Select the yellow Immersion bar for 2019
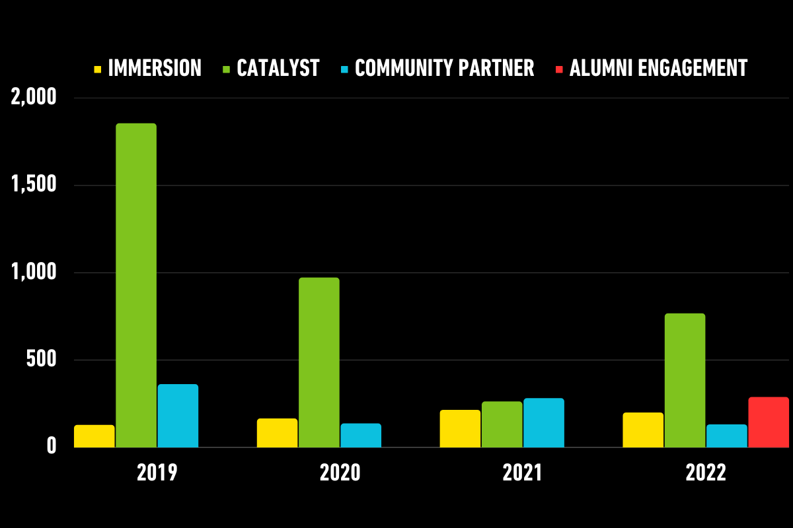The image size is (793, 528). pyautogui.click(x=94, y=436)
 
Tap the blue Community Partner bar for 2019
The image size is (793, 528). pyautogui.click(x=178, y=416)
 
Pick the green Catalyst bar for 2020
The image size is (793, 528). pyautogui.click(x=319, y=362)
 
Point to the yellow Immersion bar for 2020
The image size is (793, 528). pyautogui.click(x=277, y=433)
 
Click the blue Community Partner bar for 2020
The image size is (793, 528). pyautogui.click(x=361, y=436)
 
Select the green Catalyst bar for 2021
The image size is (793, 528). pyautogui.click(x=502, y=424)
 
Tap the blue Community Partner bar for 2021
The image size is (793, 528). pyautogui.click(x=544, y=423)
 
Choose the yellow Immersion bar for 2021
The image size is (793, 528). pyautogui.click(x=460, y=429)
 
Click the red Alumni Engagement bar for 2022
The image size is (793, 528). pyautogui.click(x=769, y=422)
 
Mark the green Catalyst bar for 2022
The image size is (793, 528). pyautogui.click(x=685, y=380)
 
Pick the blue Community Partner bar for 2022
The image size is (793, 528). pyautogui.click(x=726, y=436)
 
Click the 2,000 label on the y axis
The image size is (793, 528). pyautogui.click(x=34, y=98)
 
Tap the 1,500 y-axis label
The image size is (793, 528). pyautogui.click(x=34, y=185)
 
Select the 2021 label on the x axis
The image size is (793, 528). pyautogui.click(x=523, y=473)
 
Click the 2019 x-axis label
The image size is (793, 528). pyautogui.click(x=157, y=473)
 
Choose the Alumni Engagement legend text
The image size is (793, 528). pyautogui.click(x=658, y=68)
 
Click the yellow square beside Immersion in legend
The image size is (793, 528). pyautogui.click(x=98, y=68)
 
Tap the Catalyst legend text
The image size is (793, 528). pyautogui.click(x=278, y=68)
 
